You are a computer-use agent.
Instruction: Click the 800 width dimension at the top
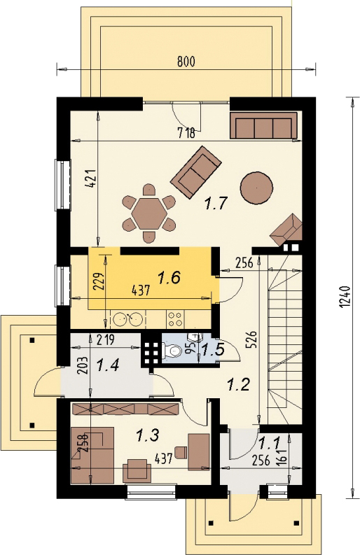coord(186,62)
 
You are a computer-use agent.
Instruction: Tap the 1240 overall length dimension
coord(346,297)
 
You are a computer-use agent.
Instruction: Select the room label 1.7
coord(216,204)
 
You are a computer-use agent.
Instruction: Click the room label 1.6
coord(169,277)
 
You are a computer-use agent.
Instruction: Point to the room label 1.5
coord(213,350)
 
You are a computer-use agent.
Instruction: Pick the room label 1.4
coord(108,365)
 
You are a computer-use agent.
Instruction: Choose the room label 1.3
coord(147,435)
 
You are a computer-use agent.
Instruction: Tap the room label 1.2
coord(238,385)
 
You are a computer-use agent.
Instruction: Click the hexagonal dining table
coord(149,213)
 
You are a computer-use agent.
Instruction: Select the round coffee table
coord(256,188)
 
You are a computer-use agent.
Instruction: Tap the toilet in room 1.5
coord(172,351)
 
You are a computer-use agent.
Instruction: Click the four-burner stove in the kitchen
coord(175,319)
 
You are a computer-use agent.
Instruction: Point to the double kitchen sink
coord(128,319)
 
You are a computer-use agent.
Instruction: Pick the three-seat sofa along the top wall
coord(263,126)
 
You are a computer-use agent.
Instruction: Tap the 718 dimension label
coord(186,134)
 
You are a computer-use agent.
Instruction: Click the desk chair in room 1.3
coord(181,452)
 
